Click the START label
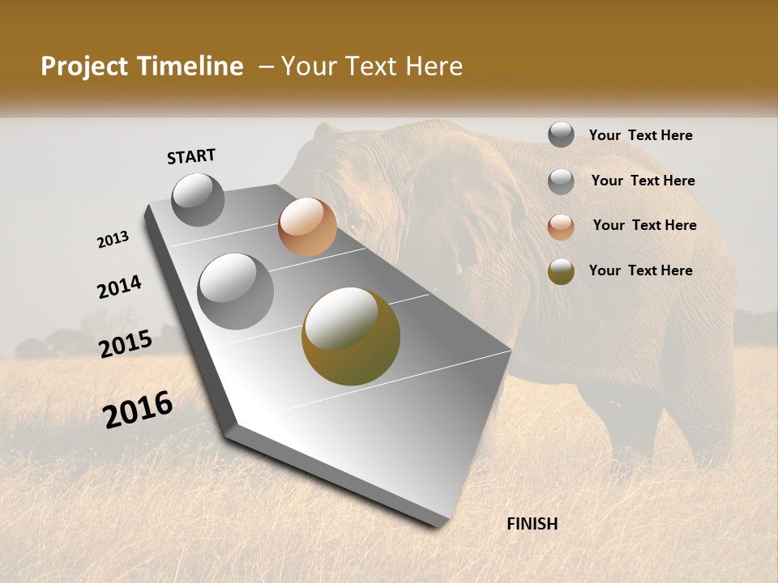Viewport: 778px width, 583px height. pos(191,155)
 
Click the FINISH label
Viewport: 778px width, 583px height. pos(532,524)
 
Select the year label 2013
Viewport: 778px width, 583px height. pos(113,240)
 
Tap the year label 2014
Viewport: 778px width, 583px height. pos(119,287)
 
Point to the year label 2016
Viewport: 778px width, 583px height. pos(138,410)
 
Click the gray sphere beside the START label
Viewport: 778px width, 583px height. pos(198,199)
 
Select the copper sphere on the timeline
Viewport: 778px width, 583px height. pos(307,227)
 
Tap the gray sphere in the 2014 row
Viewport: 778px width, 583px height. pos(235,291)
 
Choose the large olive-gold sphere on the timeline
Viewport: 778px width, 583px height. pos(350,336)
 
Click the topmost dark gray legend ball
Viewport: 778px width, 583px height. pos(561,134)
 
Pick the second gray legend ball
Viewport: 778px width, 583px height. pos(561,181)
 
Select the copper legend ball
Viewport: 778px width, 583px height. pos(561,227)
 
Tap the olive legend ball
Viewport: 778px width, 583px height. pos(561,272)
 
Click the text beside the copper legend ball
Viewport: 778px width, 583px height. pos(644,225)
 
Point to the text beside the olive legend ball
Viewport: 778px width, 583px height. pos(640,270)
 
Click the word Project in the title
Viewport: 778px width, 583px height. pos(84,66)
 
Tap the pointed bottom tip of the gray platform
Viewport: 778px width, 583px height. pos(442,525)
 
